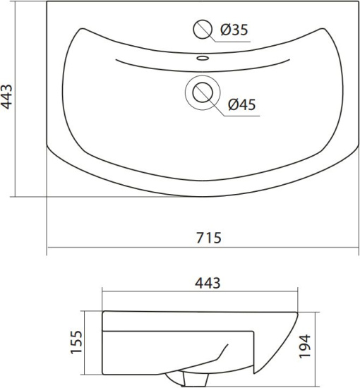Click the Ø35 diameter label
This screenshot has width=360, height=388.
[x=234, y=30]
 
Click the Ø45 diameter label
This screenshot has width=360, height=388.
[x=241, y=104]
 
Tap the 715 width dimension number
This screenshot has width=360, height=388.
[x=209, y=238]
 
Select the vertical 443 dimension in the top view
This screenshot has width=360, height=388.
[x=6, y=97]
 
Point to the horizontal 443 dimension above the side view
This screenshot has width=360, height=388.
[x=208, y=283]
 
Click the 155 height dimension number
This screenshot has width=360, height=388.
[x=76, y=342]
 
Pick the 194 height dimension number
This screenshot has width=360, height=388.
[x=304, y=346]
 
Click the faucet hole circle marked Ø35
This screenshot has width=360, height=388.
[x=203, y=29]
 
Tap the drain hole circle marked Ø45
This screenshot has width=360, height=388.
[x=203, y=92]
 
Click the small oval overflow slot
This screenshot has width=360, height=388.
[x=203, y=59]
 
